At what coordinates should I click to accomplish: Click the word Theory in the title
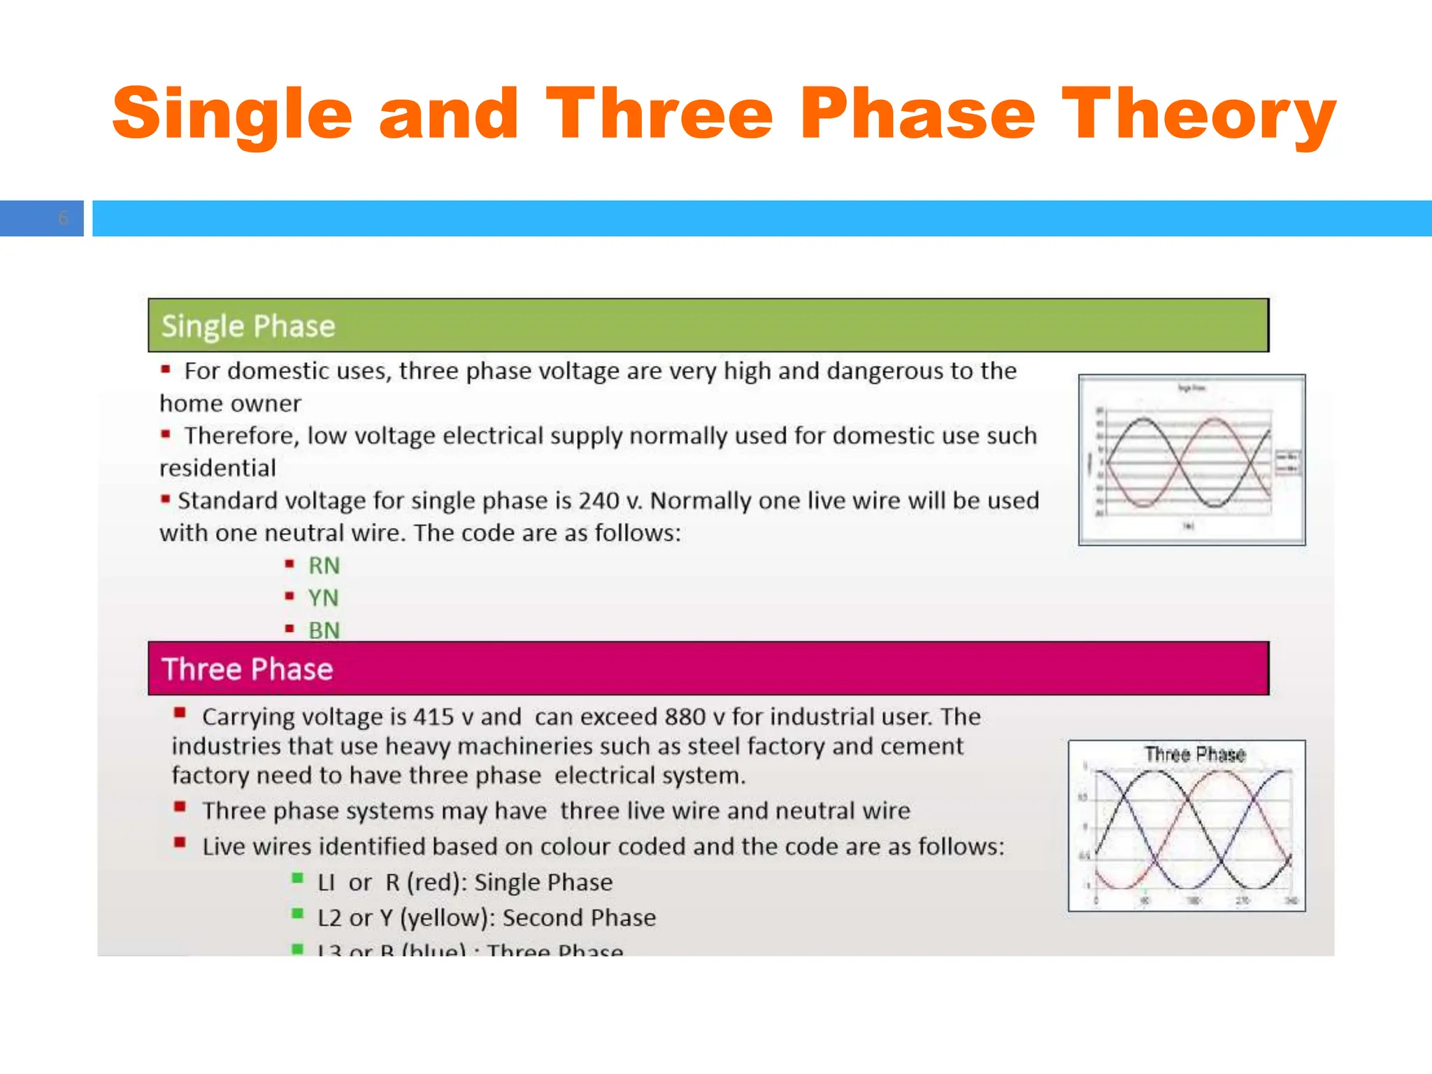pos(1198,113)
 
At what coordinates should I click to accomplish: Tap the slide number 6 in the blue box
pos(63,218)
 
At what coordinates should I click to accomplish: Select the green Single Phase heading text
pos(248,326)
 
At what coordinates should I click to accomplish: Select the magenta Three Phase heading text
pos(247,669)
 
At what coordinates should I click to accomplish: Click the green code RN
pos(324,565)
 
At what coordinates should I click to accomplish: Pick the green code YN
pos(323,598)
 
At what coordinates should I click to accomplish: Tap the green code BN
pos(324,630)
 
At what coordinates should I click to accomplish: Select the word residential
pos(217,468)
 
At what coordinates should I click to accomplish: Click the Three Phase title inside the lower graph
pos(1195,754)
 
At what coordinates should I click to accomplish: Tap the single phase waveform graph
pos(1191,460)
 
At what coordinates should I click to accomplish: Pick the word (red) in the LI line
pos(437,882)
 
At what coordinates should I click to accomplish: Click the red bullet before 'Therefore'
pos(166,434)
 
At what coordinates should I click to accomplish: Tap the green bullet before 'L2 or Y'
pos(298,913)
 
